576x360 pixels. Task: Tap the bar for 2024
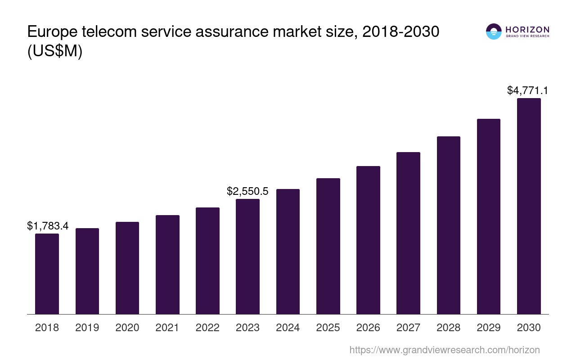tap(288, 252)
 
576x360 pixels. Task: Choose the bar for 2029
tap(489, 216)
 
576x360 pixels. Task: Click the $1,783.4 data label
tap(48, 226)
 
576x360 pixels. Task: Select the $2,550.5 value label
tap(247, 191)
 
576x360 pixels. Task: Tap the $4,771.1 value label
tap(527, 90)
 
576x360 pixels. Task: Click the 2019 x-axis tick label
tap(87, 328)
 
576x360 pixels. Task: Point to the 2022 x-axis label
tap(207, 328)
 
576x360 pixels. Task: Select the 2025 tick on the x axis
tap(328, 328)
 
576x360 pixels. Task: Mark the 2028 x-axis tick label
tap(449, 328)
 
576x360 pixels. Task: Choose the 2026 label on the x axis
tap(368, 328)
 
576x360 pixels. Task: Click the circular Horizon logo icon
tap(494, 31)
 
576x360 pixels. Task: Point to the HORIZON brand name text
tap(527, 29)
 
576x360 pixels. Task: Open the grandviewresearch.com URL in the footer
tap(445, 350)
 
